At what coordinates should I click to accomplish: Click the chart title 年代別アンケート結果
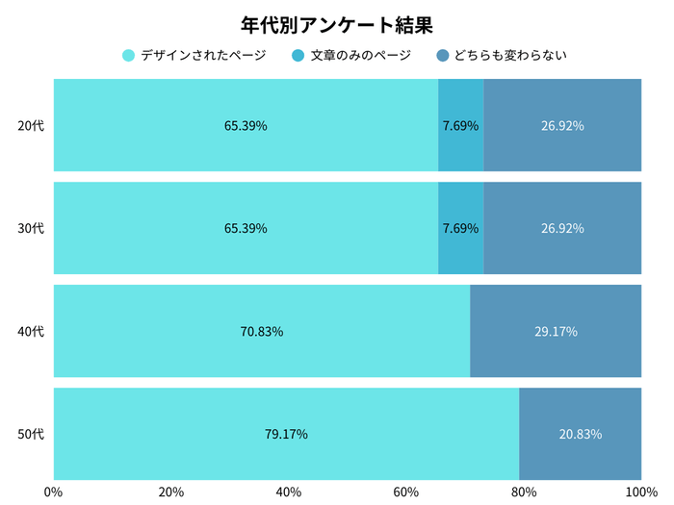pyautogui.click(x=337, y=23)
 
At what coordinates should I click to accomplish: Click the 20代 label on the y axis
pyautogui.click(x=32, y=126)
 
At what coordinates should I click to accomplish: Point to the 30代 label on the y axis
pyautogui.click(x=32, y=229)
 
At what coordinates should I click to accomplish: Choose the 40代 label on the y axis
pyautogui.click(x=32, y=332)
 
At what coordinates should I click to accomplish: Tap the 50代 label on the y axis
pyautogui.click(x=32, y=435)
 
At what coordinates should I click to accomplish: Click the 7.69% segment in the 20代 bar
pyautogui.click(x=460, y=126)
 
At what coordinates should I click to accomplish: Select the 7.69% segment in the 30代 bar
pyautogui.click(x=460, y=229)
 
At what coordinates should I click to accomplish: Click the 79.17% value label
pyautogui.click(x=286, y=435)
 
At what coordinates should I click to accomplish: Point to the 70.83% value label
pyautogui.click(x=261, y=332)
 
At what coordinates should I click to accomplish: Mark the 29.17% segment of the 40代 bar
pyautogui.click(x=556, y=332)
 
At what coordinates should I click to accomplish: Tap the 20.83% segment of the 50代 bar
pyautogui.click(x=580, y=435)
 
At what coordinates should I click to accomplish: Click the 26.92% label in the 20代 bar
pyautogui.click(x=562, y=126)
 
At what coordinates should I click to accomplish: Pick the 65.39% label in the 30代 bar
pyautogui.click(x=246, y=229)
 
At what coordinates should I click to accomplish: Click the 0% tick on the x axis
pyautogui.click(x=54, y=492)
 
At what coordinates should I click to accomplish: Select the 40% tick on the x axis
pyautogui.click(x=289, y=492)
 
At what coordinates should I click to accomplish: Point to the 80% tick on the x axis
pyautogui.click(x=524, y=492)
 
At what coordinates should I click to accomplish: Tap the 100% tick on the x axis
pyautogui.click(x=640, y=492)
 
